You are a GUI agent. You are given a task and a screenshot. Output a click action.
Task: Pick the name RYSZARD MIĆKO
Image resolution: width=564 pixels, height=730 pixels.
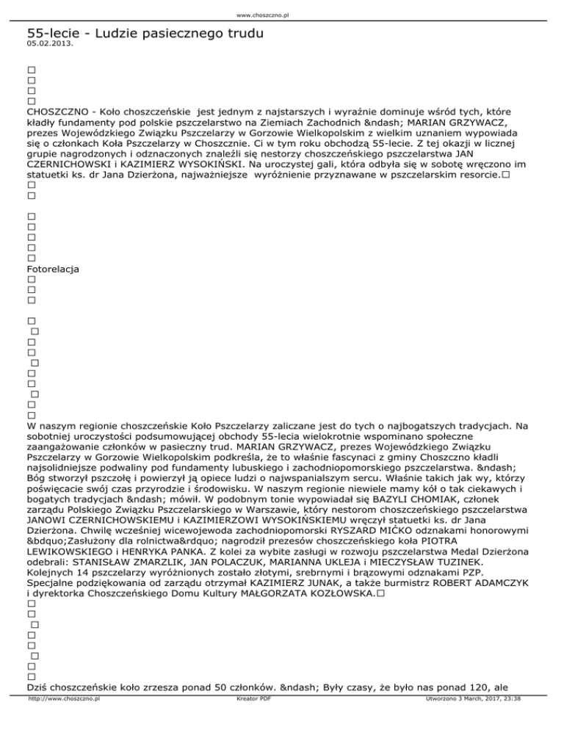pyautogui.click(x=394, y=548)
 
